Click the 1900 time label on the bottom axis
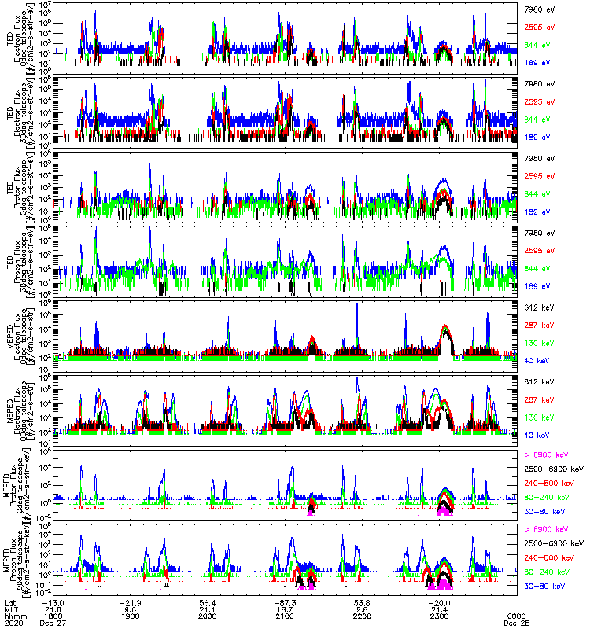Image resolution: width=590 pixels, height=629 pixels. (x=131, y=616)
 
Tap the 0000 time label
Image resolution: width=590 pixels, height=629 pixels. (x=516, y=616)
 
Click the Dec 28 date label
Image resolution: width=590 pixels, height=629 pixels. (x=516, y=623)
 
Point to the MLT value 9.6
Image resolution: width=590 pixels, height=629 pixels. (x=131, y=609)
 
